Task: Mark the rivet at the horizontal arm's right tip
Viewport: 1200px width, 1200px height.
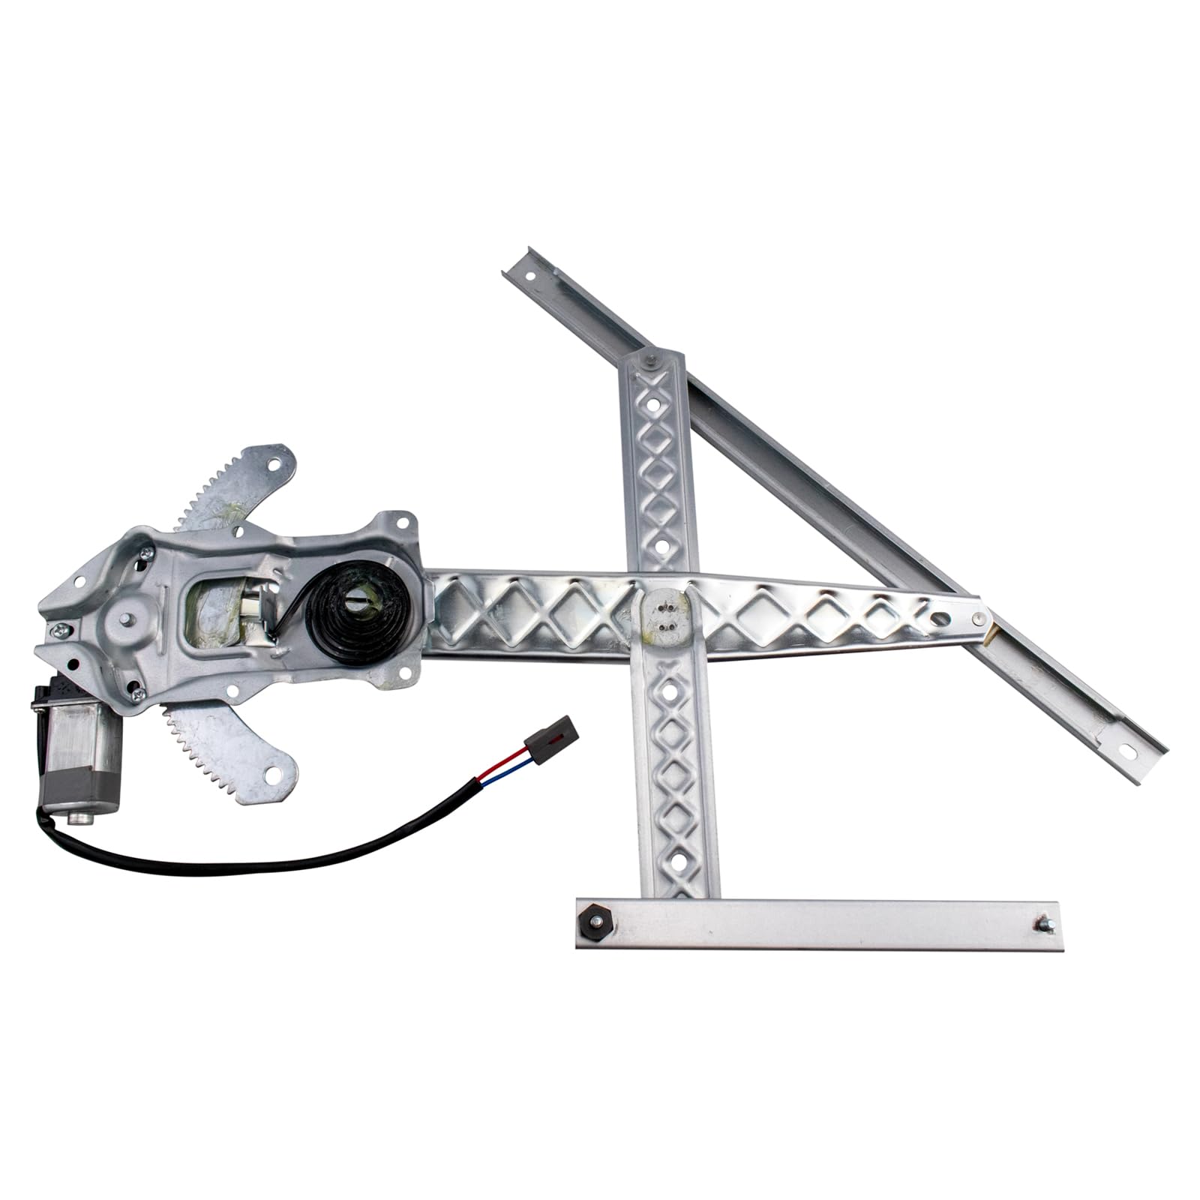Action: pyautogui.click(x=979, y=617)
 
